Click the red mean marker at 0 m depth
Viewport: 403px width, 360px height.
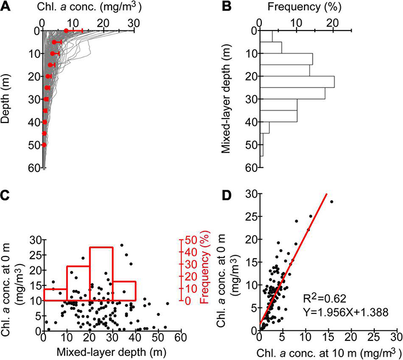click(x=67, y=30)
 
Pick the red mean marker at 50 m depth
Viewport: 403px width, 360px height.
click(x=45, y=145)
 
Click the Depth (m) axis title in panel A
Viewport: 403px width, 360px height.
click(x=7, y=98)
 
